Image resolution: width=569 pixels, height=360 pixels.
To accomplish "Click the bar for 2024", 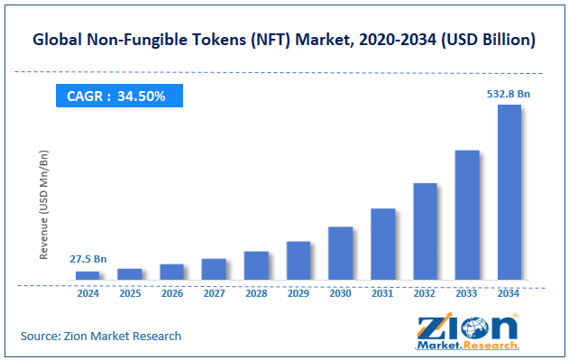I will pos(87,275).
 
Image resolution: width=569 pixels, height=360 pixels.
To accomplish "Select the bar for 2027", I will pos(214,269).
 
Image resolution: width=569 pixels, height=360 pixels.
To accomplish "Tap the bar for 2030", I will pos(340,253).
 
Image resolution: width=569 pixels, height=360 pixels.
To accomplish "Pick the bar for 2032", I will pos(425,231).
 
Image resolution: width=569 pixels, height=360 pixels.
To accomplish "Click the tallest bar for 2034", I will pos(509,192).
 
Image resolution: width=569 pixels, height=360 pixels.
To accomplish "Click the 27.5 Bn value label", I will pos(87,259).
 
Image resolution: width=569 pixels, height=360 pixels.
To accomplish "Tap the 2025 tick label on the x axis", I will pos(130,293).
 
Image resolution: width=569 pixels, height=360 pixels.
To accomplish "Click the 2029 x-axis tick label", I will pos(298,293).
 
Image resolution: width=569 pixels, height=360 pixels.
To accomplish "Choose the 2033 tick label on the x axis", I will pos(467,293).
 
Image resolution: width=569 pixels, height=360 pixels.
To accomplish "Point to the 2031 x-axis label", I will pos(382,293).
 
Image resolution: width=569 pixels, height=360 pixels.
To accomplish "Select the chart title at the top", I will pos(284,41).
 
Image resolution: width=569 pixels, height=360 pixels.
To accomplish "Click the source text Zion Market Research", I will pos(101,336).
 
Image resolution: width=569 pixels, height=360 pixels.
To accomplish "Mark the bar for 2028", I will pos(256,265).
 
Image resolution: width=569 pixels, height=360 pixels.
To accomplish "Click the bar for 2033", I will pos(467,215).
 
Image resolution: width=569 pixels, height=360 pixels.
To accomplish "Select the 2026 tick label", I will pos(171,293).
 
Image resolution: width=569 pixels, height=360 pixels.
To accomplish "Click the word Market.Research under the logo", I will pos(468,345).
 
